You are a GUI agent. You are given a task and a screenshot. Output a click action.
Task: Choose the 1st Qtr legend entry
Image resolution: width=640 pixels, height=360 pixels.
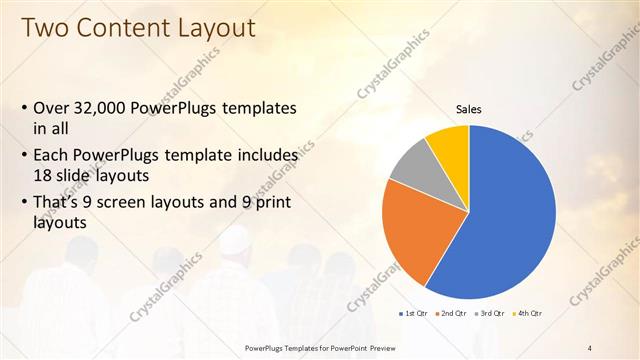pyautogui.click(x=414, y=315)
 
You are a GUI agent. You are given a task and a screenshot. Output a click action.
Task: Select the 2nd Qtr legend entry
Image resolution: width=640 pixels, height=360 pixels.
pyautogui.click(x=451, y=315)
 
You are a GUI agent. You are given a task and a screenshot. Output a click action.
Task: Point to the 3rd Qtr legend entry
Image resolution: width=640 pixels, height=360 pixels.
pyautogui.click(x=490, y=315)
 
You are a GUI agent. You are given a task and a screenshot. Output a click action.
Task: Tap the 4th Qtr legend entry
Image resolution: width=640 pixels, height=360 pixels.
pyautogui.click(x=528, y=315)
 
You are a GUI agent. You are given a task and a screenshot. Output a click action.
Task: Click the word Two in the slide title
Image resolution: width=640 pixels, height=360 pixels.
pyautogui.click(x=44, y=27)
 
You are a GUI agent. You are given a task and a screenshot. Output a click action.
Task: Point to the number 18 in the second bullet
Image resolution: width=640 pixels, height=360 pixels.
pyautogui.click(x=44, y=175)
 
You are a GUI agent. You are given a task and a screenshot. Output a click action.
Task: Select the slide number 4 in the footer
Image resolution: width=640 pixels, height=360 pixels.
pyautogui.click(x=590, y=347)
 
